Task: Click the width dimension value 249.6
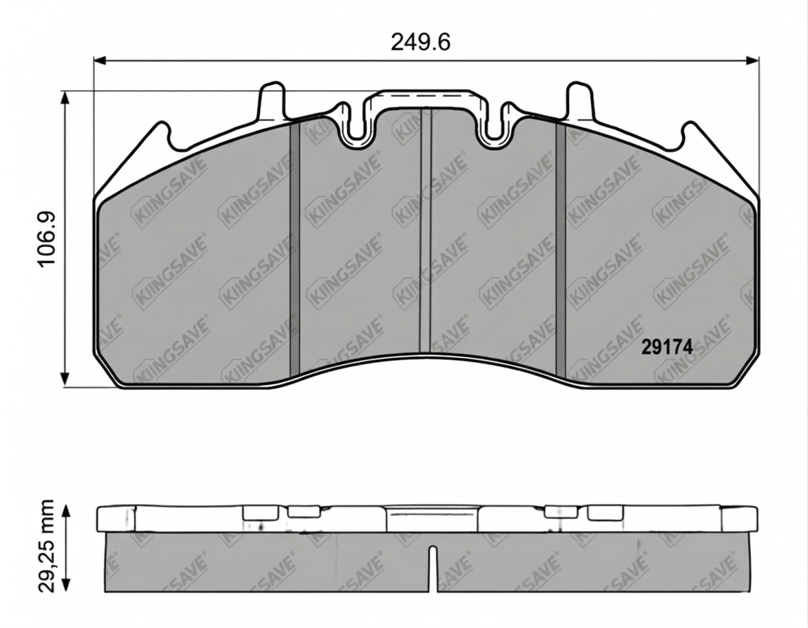tap(420, 42)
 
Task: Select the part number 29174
tap(666, 348)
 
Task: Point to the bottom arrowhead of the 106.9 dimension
tap(65, 380)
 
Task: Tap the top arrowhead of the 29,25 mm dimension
tap(66, 510)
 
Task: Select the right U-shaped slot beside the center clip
tap(494, 131)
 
